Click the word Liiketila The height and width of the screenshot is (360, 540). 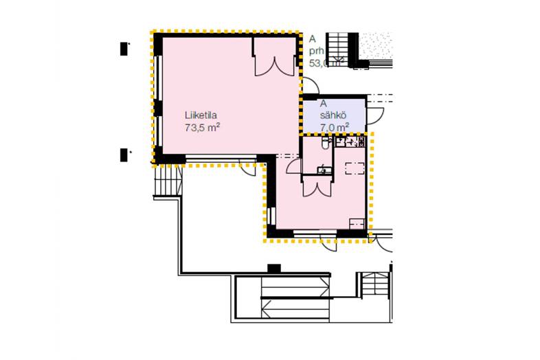point(201,115)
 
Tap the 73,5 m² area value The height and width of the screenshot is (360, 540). point(201,127)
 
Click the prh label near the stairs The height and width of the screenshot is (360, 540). point(317,51)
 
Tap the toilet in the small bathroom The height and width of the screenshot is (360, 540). point(325,144)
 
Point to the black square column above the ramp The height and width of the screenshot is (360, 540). point(275,268)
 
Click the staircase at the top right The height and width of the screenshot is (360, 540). point(339,48)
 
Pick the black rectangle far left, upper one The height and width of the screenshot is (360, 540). point(124,49)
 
